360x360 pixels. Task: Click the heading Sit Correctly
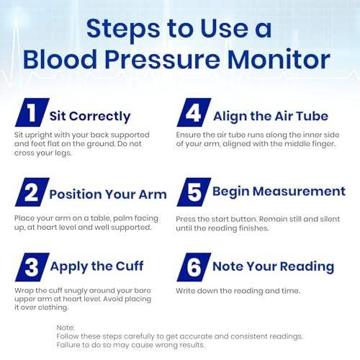(x=90, y=116)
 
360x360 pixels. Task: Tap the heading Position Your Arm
(x=108, y=194)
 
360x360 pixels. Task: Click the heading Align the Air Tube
(x=270, y=116)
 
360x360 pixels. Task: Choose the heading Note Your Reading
(x=273, y=266)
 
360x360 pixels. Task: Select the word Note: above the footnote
(x=66, y=328)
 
